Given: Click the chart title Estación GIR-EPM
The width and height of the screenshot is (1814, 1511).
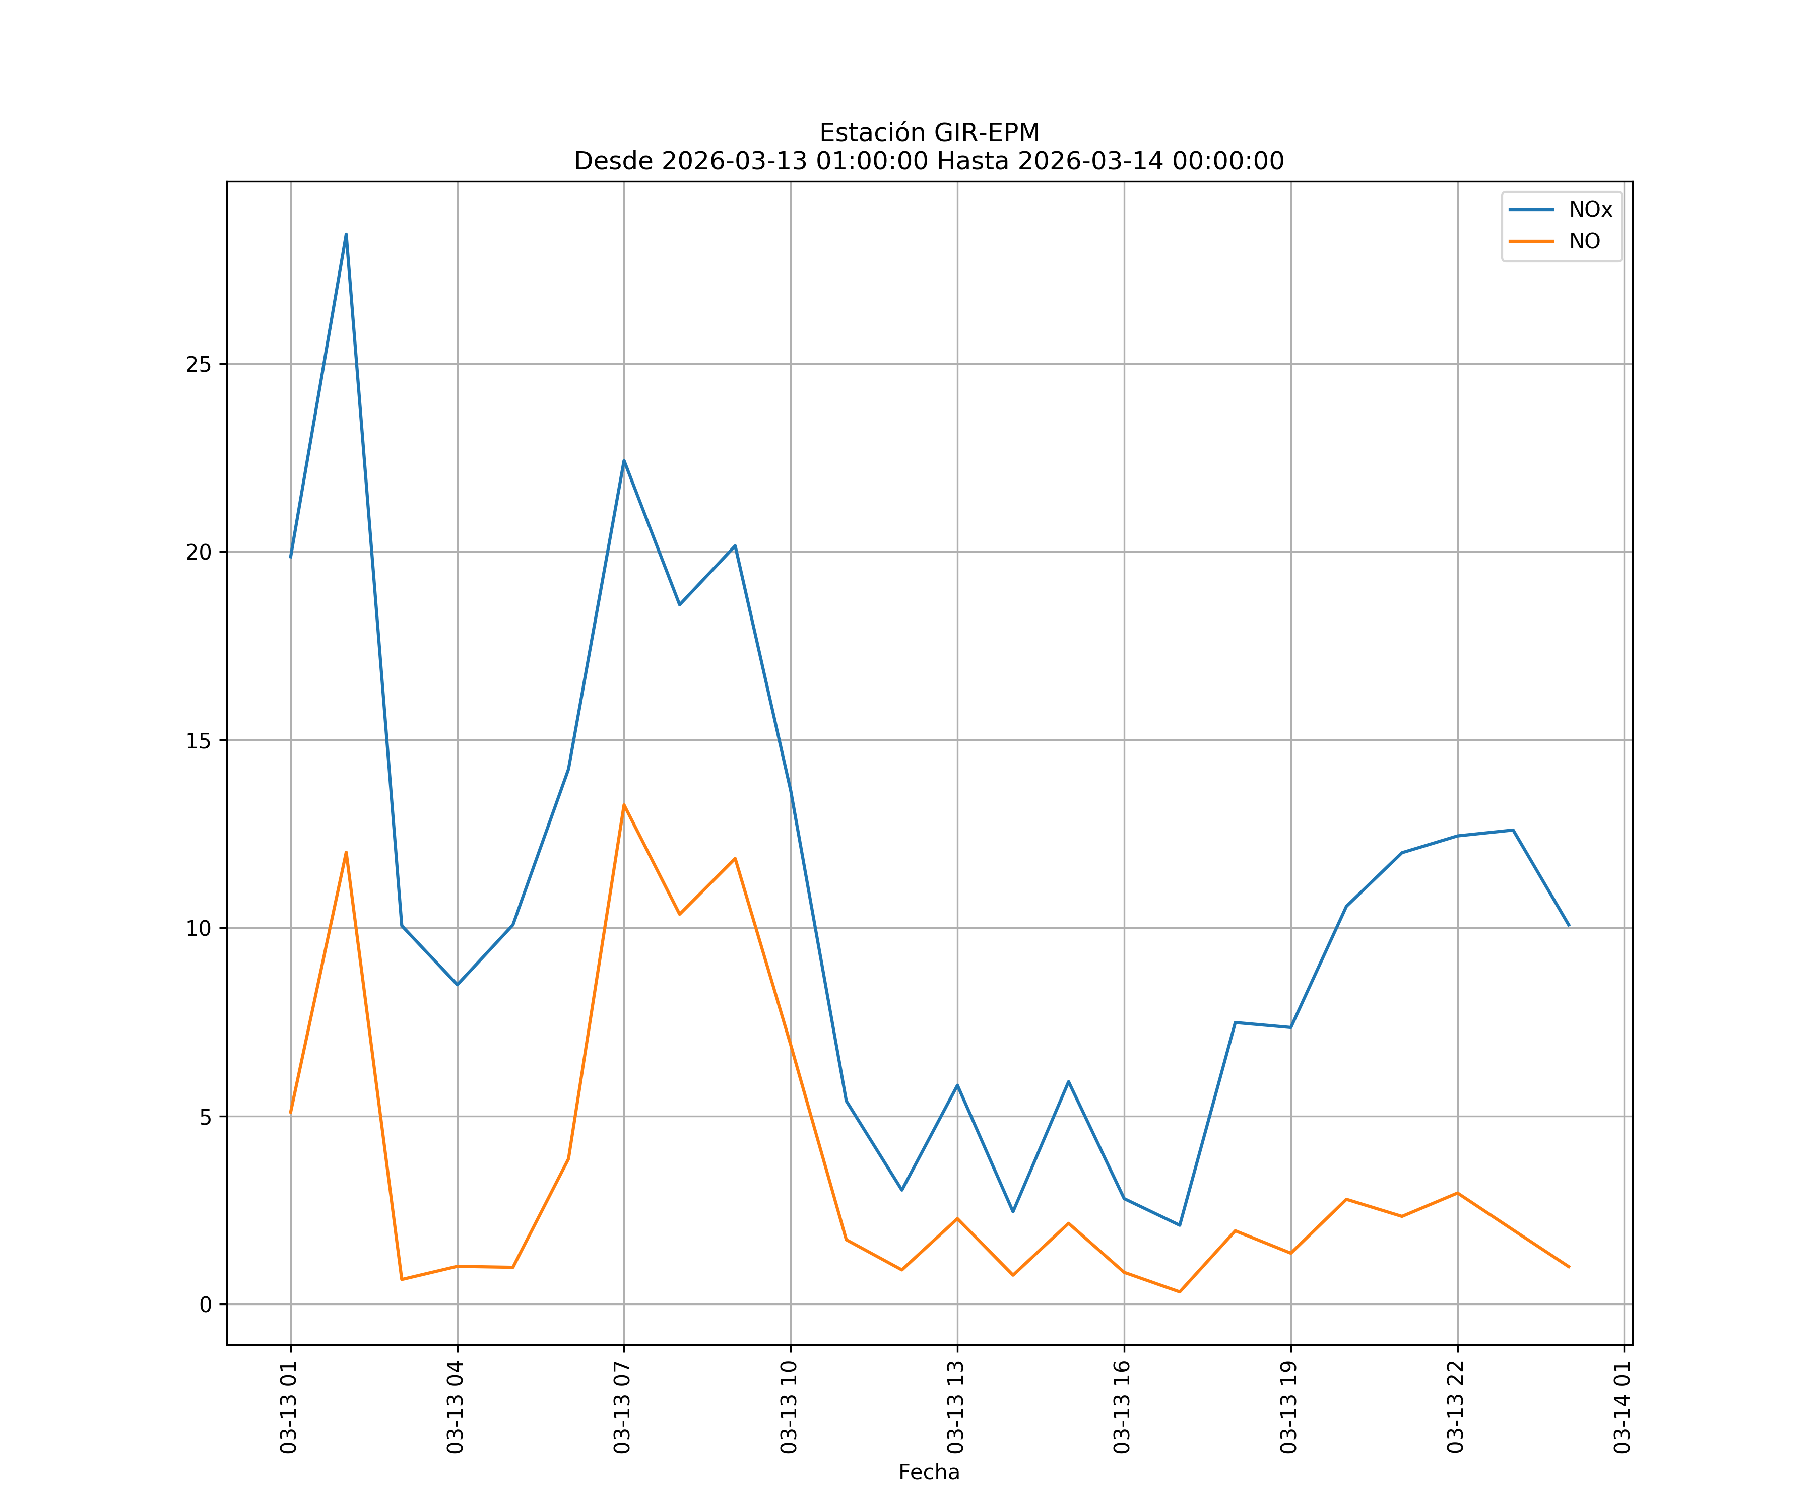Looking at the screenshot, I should [x=929, y=133].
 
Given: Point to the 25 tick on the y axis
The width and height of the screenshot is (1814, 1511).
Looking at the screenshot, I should [x=199, y=364].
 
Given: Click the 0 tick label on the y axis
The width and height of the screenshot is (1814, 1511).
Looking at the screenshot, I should [x=206, y=1304].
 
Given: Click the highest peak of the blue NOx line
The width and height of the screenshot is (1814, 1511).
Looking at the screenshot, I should [x=346, y=234].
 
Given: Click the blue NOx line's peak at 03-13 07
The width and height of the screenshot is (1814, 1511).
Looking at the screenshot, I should [x=624, y=460].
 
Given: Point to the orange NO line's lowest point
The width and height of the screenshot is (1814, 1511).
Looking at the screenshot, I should [x=1179, y=1292].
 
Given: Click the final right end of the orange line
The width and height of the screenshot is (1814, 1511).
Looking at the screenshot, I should [x=1569, y=1267].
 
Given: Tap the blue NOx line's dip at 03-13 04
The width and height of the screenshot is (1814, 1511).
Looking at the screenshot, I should [x=457, y=984].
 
